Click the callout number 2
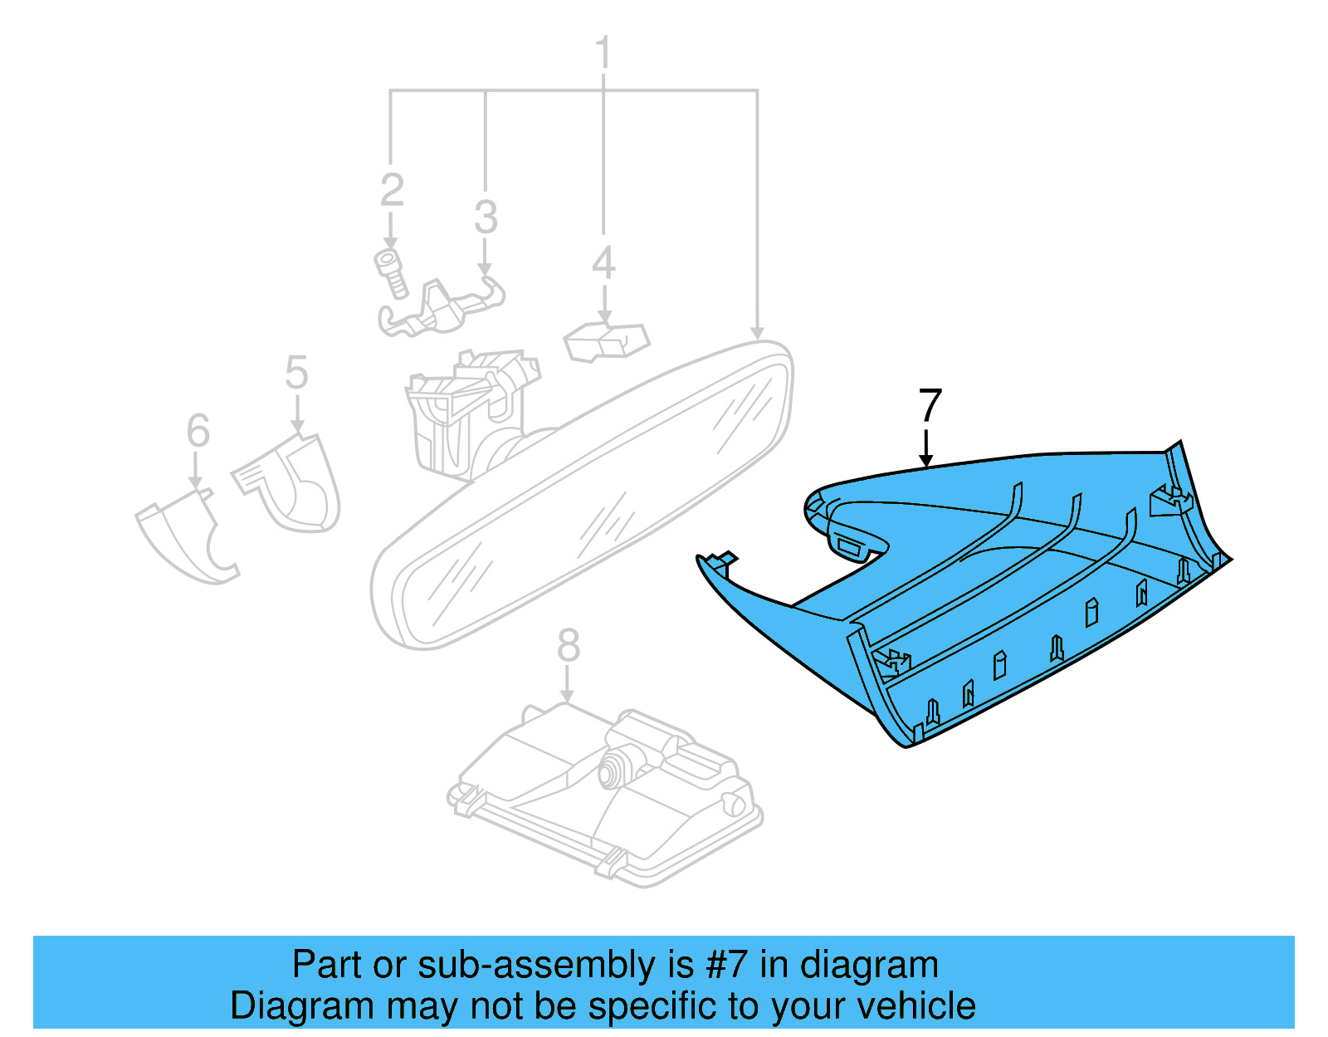(392, 190)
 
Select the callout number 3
(486, 217)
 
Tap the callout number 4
(603, 262)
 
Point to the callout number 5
(296, 372)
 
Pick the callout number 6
(198, 430)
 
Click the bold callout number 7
(930, 406)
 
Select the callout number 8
(568, 645)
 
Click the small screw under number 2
(390, 272)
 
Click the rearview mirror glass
(581, 498)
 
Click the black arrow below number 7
(926, 448)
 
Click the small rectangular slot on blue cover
(851, 545)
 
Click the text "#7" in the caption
(727, 966)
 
